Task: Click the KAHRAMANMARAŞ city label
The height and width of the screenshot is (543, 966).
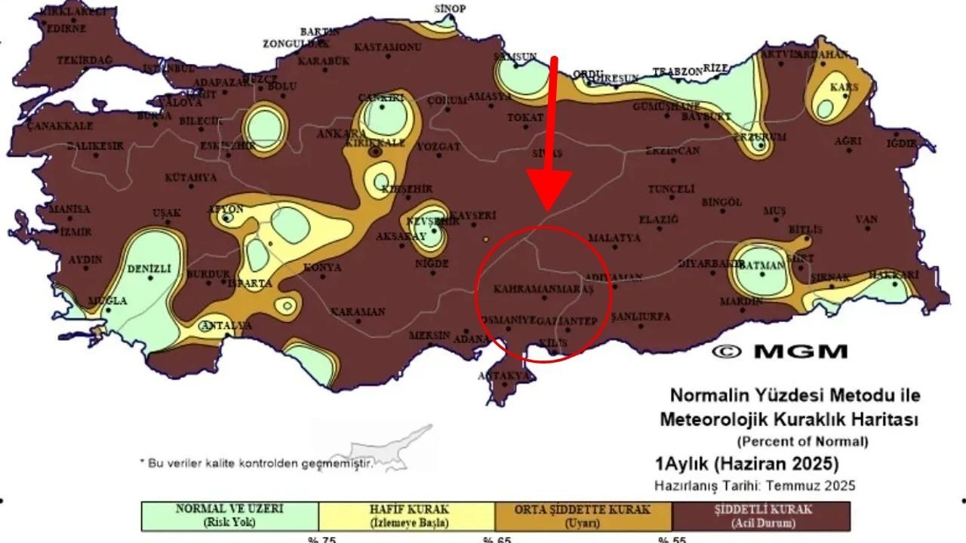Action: coord(543,289)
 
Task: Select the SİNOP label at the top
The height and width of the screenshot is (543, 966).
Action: coord(451,9)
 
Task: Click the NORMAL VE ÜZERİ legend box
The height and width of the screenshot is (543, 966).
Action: coord(230,516)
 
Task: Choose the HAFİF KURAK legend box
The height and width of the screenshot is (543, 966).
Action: coord(407,516)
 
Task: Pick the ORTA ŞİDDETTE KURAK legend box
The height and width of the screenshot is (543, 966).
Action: coord(583,516)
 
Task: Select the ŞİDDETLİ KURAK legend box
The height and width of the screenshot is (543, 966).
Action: coord(761,516)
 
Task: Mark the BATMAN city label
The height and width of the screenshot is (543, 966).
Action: coord(763,265)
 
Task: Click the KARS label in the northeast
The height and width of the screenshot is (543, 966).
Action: coord(844,87)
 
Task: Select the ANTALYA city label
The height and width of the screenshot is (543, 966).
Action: coord(226,326)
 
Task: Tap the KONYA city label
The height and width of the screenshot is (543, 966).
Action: coord(322,267)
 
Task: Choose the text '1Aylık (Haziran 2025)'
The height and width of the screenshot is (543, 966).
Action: coord(746,462)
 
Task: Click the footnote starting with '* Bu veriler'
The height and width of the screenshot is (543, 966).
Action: coord(256,462)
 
